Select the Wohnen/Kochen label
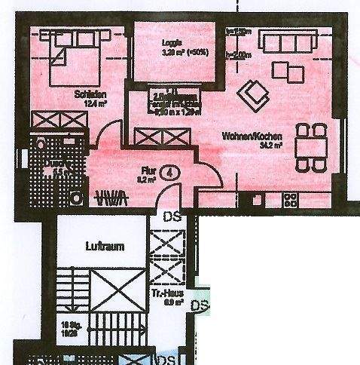click(252, 136)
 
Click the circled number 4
click(172, 172)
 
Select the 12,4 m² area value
click(93, 105)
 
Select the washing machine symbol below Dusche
click(76, 197)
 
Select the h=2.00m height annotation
click(239, 54)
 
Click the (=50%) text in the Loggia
click(197, 54)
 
